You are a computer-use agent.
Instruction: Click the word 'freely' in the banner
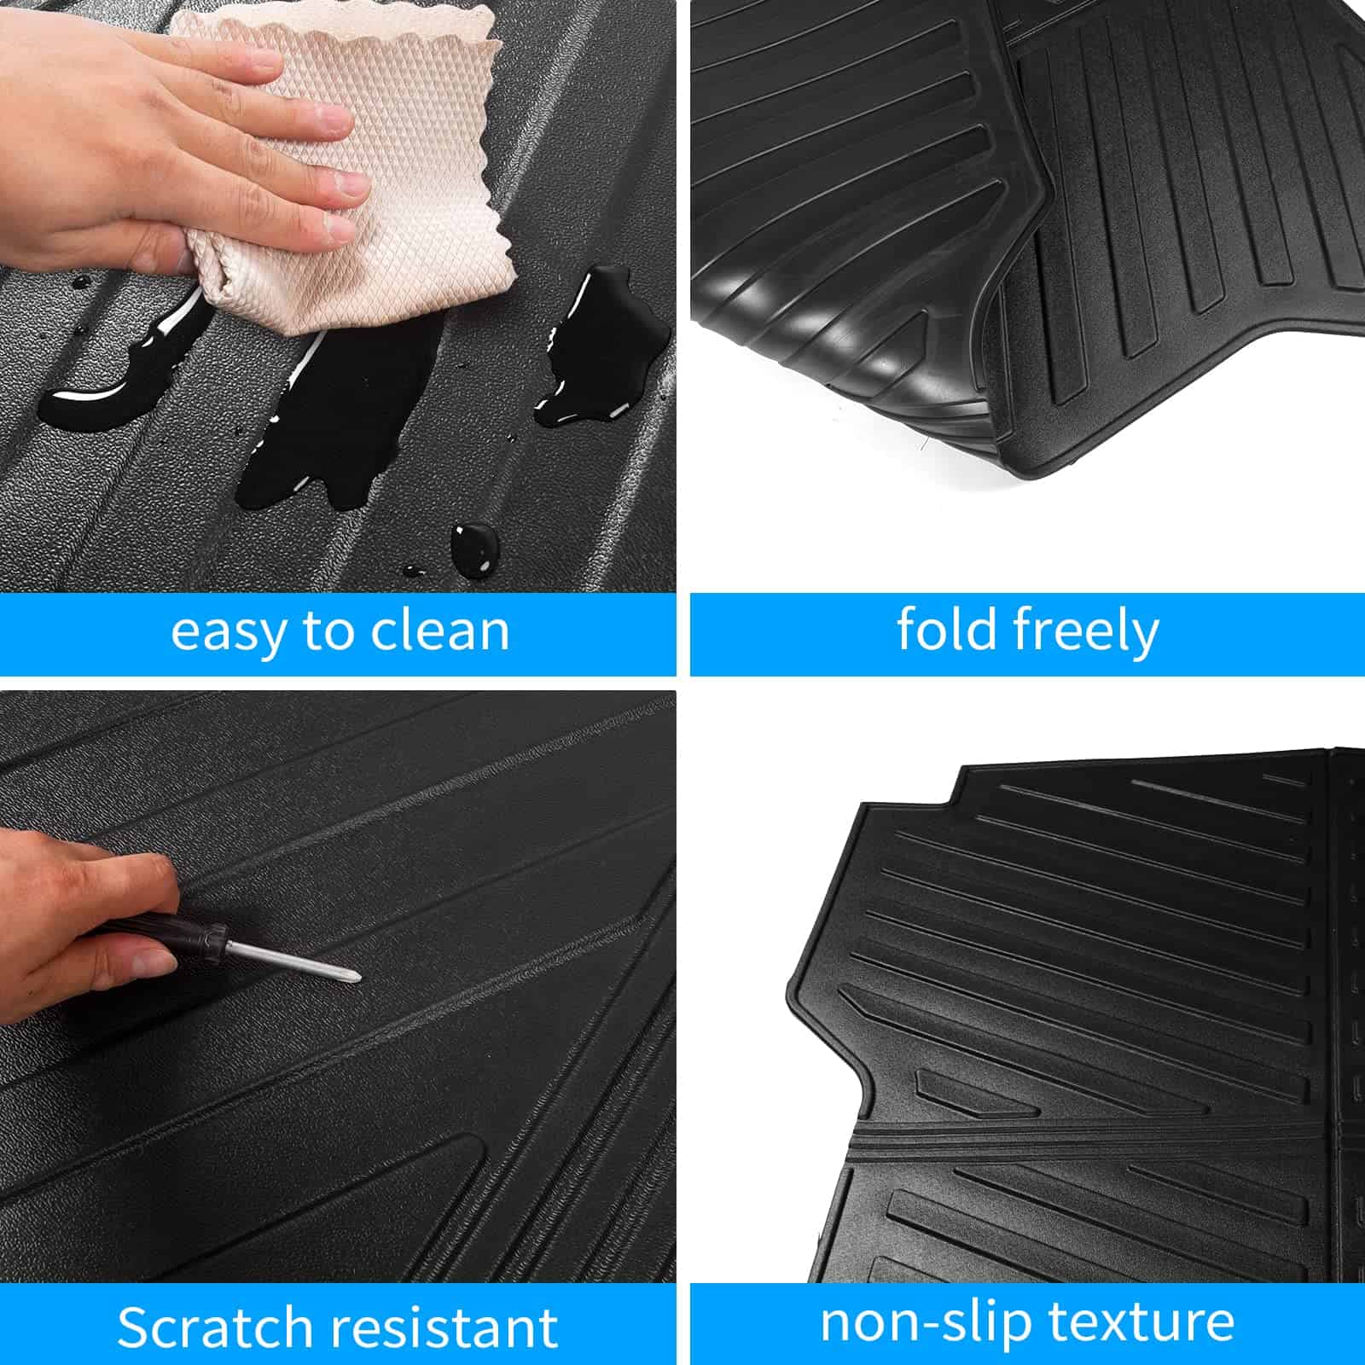1086,631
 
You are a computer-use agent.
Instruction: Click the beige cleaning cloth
358,171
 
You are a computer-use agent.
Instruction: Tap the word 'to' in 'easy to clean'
328,631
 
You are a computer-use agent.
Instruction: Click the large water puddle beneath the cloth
341,418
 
